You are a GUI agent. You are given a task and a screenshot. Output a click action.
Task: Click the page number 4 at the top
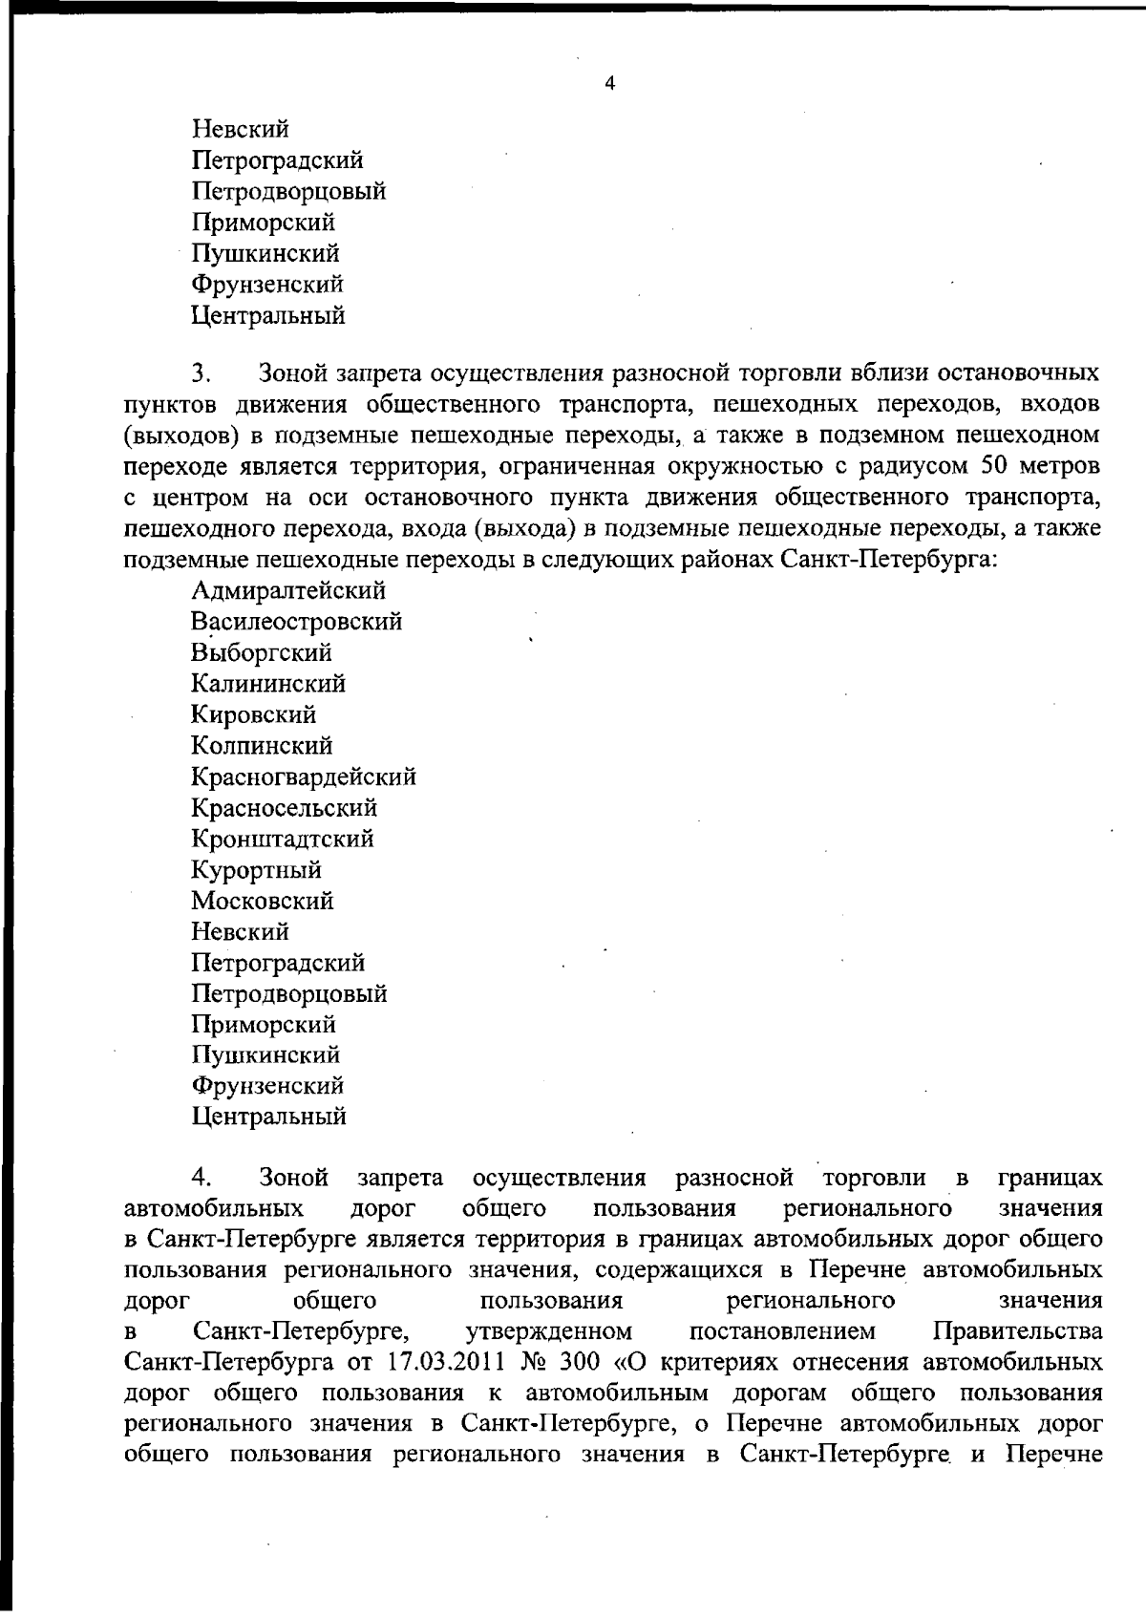pos(610,83)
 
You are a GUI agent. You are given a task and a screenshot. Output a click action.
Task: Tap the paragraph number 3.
pos(200,372)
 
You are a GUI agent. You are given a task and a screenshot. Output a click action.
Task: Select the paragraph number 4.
pos(200,1177)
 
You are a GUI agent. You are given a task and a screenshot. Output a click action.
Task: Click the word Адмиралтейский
pos(288,591)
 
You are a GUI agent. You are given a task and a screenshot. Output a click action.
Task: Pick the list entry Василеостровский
pos(296,622)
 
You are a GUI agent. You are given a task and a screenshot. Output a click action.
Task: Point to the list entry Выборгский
pos(262,653)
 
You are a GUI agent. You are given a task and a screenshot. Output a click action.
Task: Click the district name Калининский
pos(268,684)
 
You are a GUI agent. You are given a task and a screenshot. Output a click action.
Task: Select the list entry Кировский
pos(253,714)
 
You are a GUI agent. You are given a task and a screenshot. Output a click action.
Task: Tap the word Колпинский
pos(262,745)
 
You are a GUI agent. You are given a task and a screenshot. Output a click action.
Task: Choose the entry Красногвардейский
pos(304,777)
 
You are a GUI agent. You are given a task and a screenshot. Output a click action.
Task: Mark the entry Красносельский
pos(284,808)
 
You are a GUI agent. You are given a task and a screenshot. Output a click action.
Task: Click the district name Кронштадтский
pos(283,839)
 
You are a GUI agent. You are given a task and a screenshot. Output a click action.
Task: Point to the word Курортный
pos(256,870)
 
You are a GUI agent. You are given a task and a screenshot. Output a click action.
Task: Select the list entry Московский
pos(262,901)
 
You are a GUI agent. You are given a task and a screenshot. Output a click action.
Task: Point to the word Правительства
pos(1018,1330)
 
